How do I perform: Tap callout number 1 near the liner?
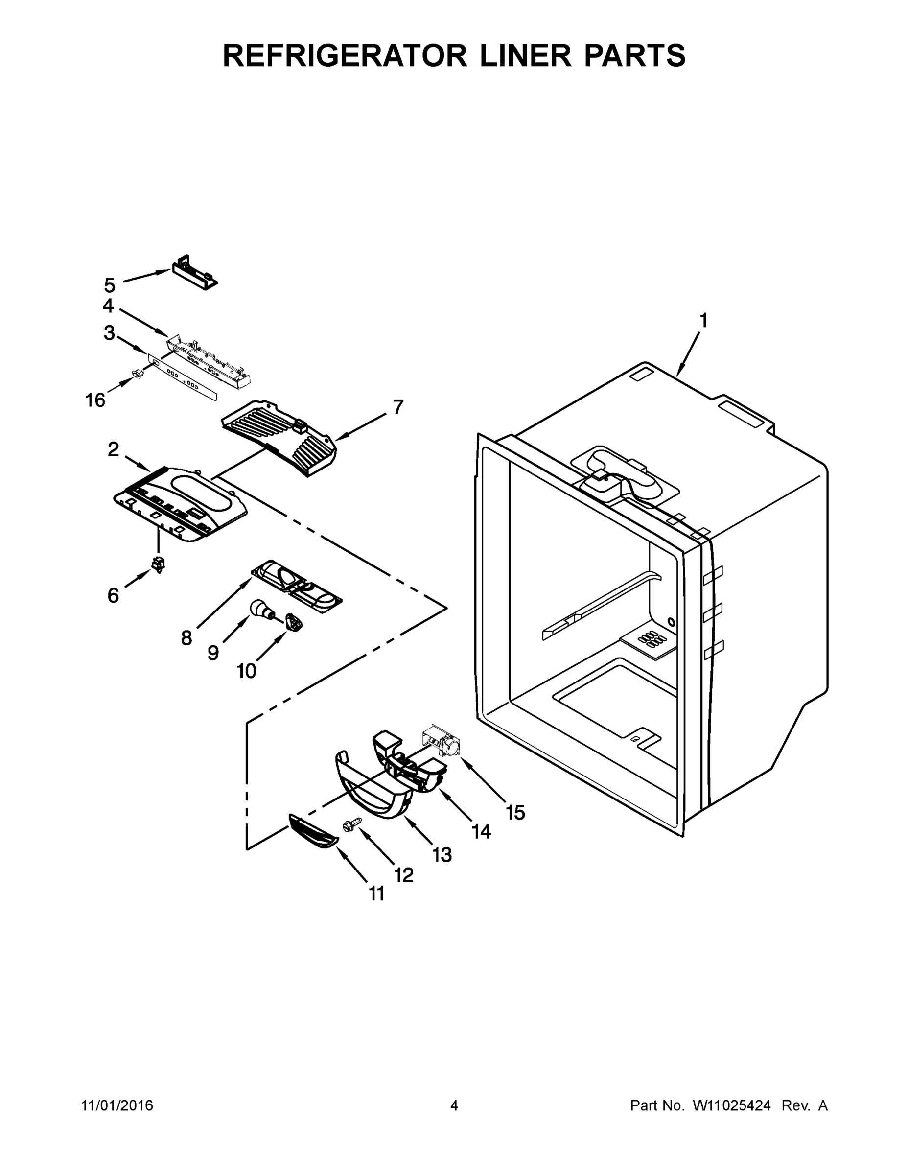coord(703,321)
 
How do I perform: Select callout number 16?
coord(95,399)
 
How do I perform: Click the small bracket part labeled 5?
coord(195,273)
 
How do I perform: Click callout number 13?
coord(442,854)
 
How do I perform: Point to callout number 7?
coord(397,407)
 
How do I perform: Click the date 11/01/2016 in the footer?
coord(117,1105)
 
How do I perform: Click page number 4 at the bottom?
coord(454,1105)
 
